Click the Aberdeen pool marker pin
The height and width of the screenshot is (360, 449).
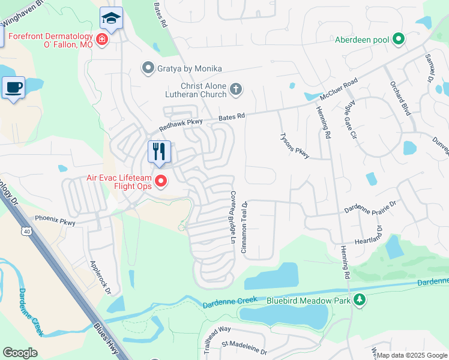coord(398,40)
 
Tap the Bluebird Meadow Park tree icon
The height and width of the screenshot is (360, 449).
coord(360,299)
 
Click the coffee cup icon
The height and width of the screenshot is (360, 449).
coord(13,87)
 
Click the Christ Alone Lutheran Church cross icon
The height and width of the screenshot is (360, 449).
coord(236,89)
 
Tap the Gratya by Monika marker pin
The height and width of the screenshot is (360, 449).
coord(148,68)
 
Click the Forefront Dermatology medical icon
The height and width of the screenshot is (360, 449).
coord(102,40)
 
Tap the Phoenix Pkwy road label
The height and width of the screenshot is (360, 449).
coord(55,220)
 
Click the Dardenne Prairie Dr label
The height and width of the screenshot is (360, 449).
coord(370,208)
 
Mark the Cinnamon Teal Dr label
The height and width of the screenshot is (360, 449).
coord(245,226)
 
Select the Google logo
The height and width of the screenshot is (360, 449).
coord(20,353)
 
